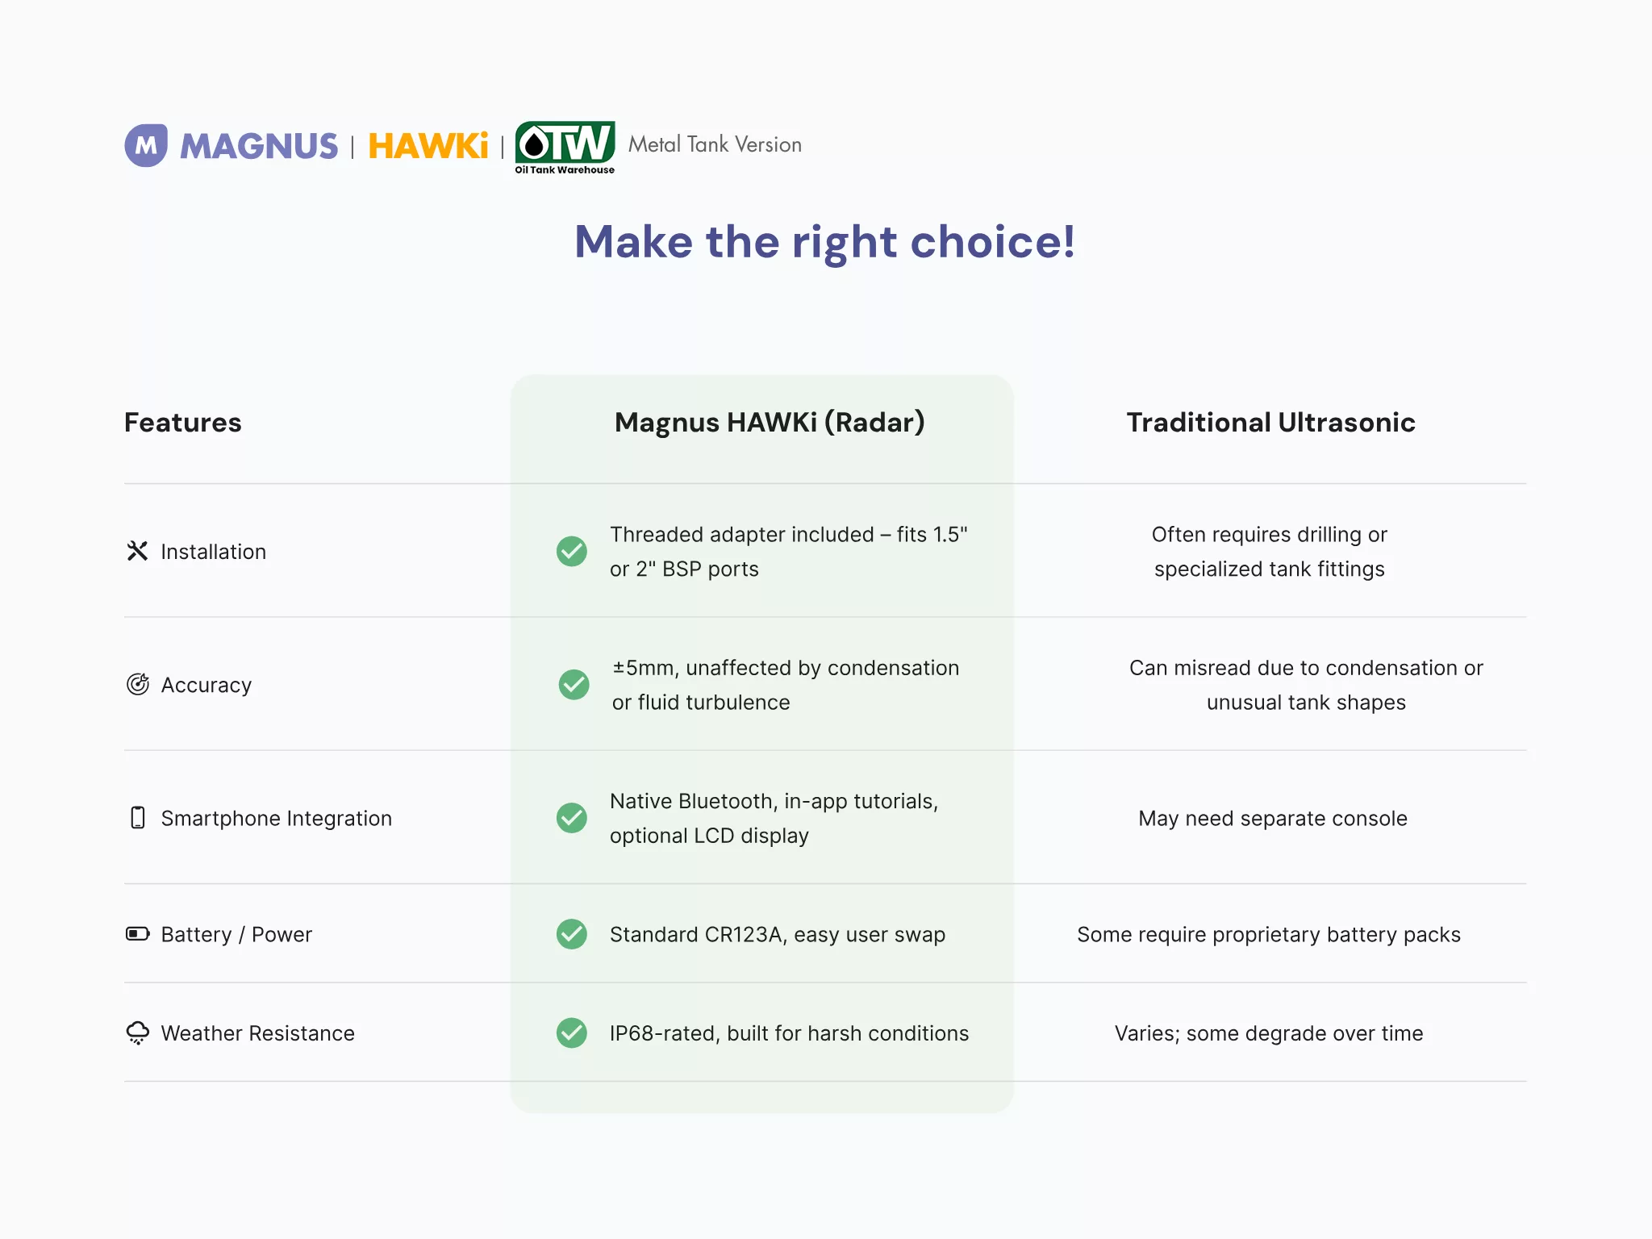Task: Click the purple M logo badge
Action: pyautogui.click(x=146, y=145)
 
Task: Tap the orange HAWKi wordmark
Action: pyautogui.click(x=428, y=146)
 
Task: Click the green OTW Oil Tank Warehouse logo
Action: pyautogui.click(x=565, y=148)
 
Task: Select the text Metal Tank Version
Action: pyautogui.click(x=715, y=144)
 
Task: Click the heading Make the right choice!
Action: pyautogui.click(x=825, y=241)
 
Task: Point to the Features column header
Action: pyautogui.click(x=183, y=423)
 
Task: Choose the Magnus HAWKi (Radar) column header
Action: pyautogui.click(x=770, y=423)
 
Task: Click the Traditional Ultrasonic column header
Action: pyautogui.click(x=1270, y=423)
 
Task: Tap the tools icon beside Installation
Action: pyautogui.click(x=138, y=551)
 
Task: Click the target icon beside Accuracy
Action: pyautogui.click(x=138, y=684)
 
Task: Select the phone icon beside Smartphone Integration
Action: pyautogui.click(x=138, y=817)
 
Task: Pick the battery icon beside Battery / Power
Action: pyautogui.click(x=138, y=934)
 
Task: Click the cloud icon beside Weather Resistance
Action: pyautogui.click(x=138, y=1032)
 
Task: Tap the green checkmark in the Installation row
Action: pyautogui.click(x=572, y=551)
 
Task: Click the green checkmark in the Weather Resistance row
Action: pyautogui.click(x=572, y=1032)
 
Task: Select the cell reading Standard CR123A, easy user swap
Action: pyautogui.click(x=778, y=934)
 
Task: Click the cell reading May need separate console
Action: pyautogui.click(x=1273, y=818)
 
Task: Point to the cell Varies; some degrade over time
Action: pyautogui.click(x=1269, y=1033)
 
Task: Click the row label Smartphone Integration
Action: pyautogui.click(x=277, y=818)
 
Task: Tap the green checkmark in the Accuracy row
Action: pyautogui.click(x=574, y=684)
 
